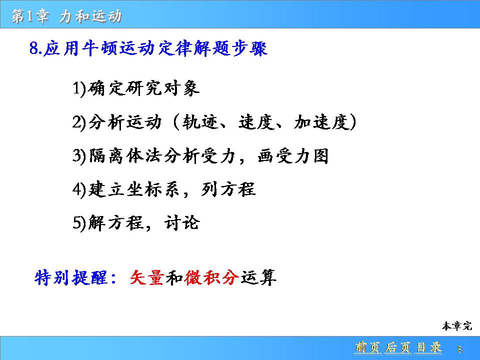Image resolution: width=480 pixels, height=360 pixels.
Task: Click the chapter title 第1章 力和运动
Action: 66,16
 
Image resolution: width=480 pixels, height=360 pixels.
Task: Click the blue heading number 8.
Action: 34,48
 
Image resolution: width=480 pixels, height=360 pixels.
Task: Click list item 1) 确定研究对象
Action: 136,88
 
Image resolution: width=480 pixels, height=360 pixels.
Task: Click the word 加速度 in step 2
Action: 321,122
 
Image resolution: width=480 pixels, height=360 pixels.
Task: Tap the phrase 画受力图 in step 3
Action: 293,156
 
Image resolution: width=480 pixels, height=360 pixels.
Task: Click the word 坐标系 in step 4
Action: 153,189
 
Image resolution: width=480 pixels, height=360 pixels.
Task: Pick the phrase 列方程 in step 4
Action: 228,189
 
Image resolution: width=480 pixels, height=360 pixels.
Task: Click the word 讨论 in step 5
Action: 182,222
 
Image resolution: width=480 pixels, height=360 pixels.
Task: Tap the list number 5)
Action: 79,222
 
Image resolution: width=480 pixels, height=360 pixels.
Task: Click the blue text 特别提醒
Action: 70,277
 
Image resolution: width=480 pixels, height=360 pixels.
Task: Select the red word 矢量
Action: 146,277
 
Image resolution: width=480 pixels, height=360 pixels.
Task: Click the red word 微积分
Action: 211,277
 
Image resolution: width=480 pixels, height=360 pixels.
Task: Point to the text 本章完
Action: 456,326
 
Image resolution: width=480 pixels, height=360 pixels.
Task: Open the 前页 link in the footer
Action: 367,347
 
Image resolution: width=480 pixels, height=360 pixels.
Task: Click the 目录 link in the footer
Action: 428,347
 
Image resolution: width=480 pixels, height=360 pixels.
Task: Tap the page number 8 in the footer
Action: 459,349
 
